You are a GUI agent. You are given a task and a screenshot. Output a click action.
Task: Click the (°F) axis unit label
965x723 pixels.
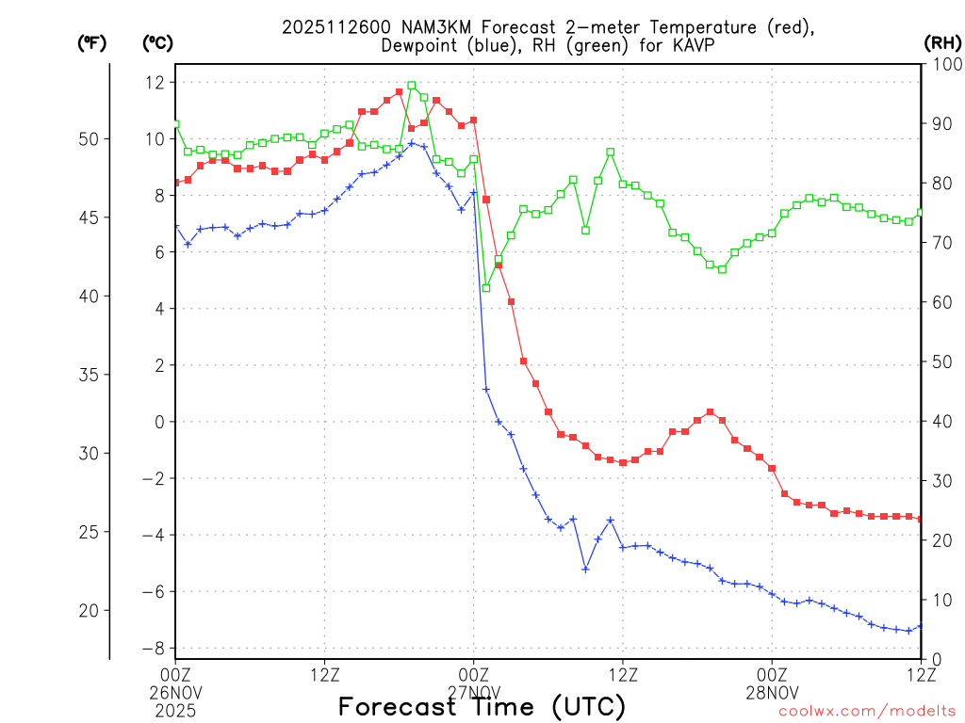point(91,42)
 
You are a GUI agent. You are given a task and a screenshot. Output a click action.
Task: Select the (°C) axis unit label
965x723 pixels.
point(157,42)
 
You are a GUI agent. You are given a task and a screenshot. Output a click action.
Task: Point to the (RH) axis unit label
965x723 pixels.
point(941,42)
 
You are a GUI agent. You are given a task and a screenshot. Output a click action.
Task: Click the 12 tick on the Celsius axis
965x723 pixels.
point(155,83)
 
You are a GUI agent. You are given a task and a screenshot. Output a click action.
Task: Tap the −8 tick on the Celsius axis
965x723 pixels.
point(151,649)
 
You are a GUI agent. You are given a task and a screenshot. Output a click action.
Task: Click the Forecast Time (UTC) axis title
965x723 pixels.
point(482,706)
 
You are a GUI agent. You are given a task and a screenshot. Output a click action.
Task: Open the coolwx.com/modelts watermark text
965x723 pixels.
point(867,711)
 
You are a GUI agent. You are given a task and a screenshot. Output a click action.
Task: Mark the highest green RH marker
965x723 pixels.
point(412,86)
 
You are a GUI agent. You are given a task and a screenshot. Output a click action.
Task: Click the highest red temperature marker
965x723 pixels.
point(400,92)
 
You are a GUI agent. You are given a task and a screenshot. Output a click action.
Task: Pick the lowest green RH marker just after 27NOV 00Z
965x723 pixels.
point(486,287)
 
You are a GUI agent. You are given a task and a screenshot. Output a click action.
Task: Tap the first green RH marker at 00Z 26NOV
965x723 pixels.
point(176,123)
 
